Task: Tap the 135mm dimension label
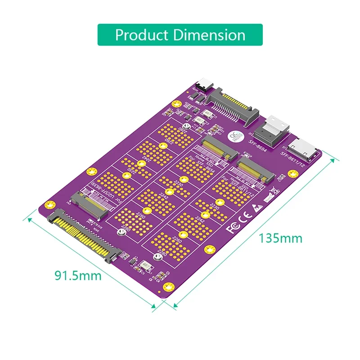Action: (x=280, y=237)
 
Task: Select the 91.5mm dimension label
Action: (x=78, y=275)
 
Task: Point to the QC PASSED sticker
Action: (x=234, y=135)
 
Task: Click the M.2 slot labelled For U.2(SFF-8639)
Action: (x=92, y=205)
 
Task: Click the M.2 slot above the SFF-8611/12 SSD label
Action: (x=256, y=171)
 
